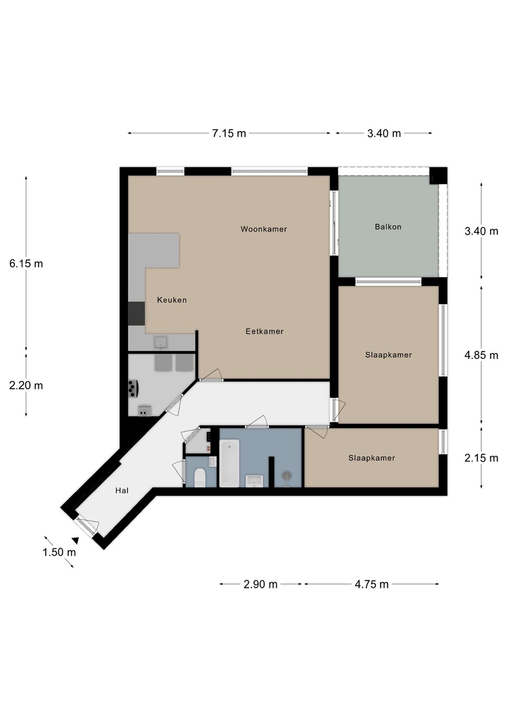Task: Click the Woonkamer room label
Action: (264, 229)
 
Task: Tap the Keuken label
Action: (172, 300)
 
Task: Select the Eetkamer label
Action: (265, 331)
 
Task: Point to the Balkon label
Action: (388, 227)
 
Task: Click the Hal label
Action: (122, 490)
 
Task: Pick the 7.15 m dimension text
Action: (229, 133)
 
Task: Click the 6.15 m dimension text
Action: (26, 264)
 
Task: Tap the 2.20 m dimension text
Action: (26, 386)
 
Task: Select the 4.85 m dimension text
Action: (482, 356)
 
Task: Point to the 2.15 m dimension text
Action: (482, 459)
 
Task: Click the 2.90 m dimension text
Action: (260, 585)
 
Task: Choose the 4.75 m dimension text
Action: (371, 585)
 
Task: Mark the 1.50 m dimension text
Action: (59, 552)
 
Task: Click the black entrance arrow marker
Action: (76, 540)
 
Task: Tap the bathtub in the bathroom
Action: (229, 463)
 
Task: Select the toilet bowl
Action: (200, 477)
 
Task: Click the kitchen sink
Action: (160, 342)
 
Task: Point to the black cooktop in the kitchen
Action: (136, 314)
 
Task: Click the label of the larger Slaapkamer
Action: (388, 355)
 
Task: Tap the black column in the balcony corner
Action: (437, 176)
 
